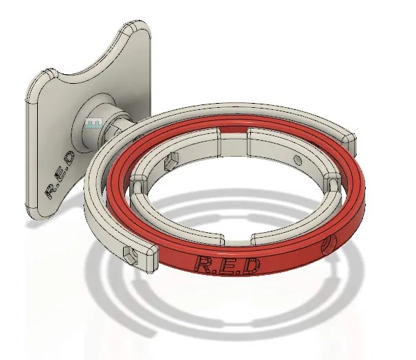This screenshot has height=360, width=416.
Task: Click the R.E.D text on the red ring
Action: [x=227, y=265]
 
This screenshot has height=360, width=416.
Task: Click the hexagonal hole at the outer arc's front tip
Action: [x=129, y=256]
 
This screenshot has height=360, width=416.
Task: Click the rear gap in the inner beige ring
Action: [x=234, y=135]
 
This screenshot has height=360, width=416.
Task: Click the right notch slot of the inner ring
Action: [x=333, y=184]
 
